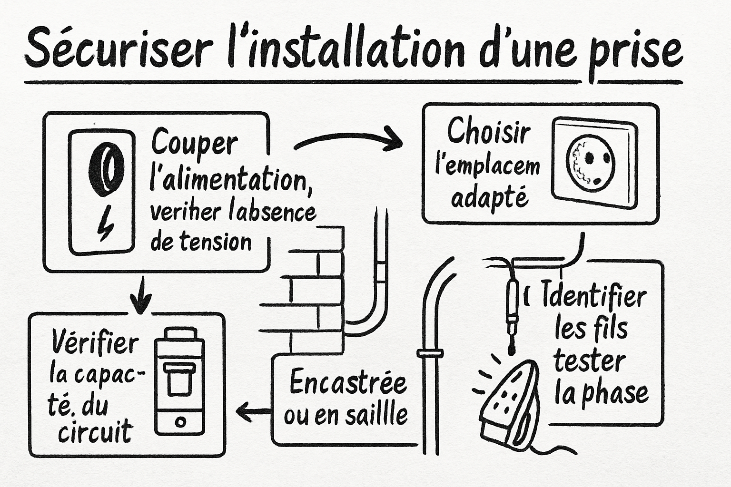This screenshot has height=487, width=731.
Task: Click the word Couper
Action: (x=194, y=143)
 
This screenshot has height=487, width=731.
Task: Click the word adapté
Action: (x=489, y=197)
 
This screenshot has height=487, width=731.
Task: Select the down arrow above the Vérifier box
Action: (x=140, y=297)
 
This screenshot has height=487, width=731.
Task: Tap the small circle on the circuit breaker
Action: (x=180, y=422)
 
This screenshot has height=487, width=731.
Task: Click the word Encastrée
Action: (x=348, y=383)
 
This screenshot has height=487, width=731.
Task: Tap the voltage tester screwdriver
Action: (x=512, y=309)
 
